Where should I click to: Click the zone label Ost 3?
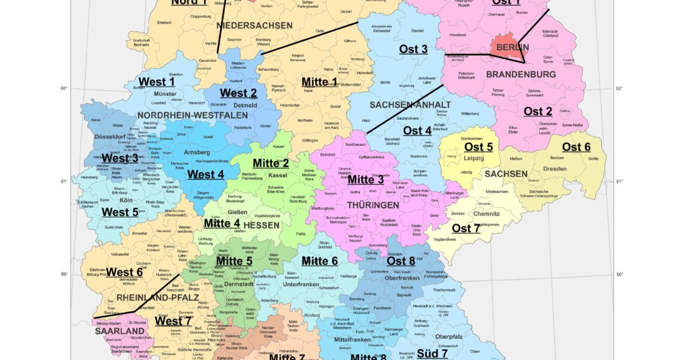coord(413,49)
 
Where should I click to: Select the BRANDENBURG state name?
coord(512,74)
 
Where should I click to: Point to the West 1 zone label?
coord(156,82)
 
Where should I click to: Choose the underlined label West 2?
coord(238,93)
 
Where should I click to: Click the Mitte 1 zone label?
coord(319,82)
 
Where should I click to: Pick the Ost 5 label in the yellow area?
coord(478,147)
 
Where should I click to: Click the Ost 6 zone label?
coord(576,147)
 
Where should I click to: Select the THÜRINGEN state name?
coord(373,205)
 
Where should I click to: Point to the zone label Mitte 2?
coord(271,163)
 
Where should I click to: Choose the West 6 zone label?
coord(124,272)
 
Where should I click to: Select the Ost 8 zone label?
coord(401,260)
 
